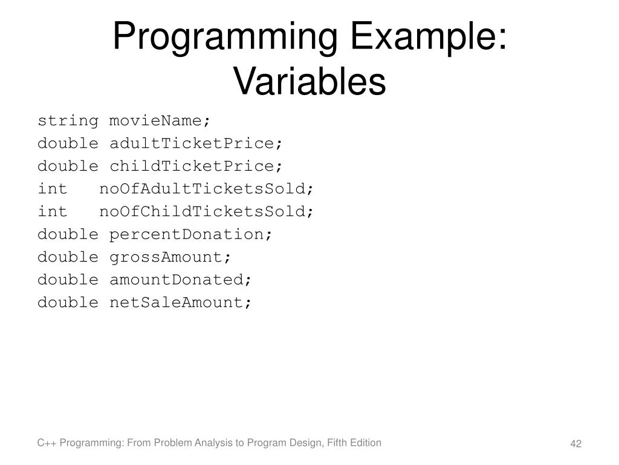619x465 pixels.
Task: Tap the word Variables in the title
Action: click(x=309, y=82)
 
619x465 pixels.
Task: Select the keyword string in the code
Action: click(x=68, y=120)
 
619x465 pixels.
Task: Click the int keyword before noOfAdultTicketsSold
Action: click(x=53, y=189)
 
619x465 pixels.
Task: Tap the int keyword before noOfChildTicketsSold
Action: click(x=53, y=211)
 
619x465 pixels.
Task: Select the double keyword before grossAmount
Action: click(x=68, y=257)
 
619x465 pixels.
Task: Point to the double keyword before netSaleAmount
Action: click(x=68, y=302)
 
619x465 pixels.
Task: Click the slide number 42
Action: click(x=575, y=445)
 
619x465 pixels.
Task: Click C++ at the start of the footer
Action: click(x=45, y=443)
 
